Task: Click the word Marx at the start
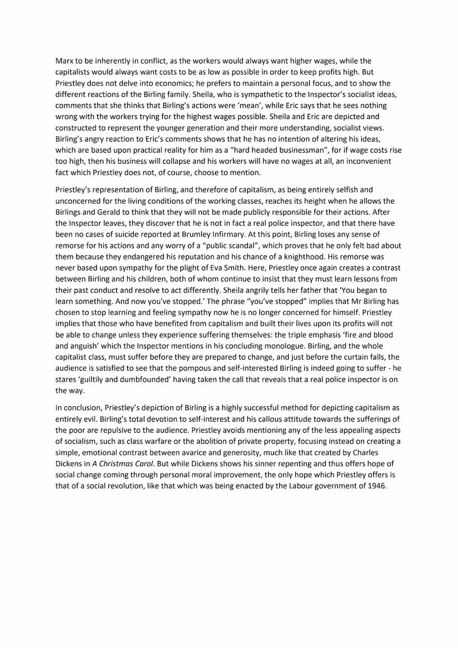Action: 65,60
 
